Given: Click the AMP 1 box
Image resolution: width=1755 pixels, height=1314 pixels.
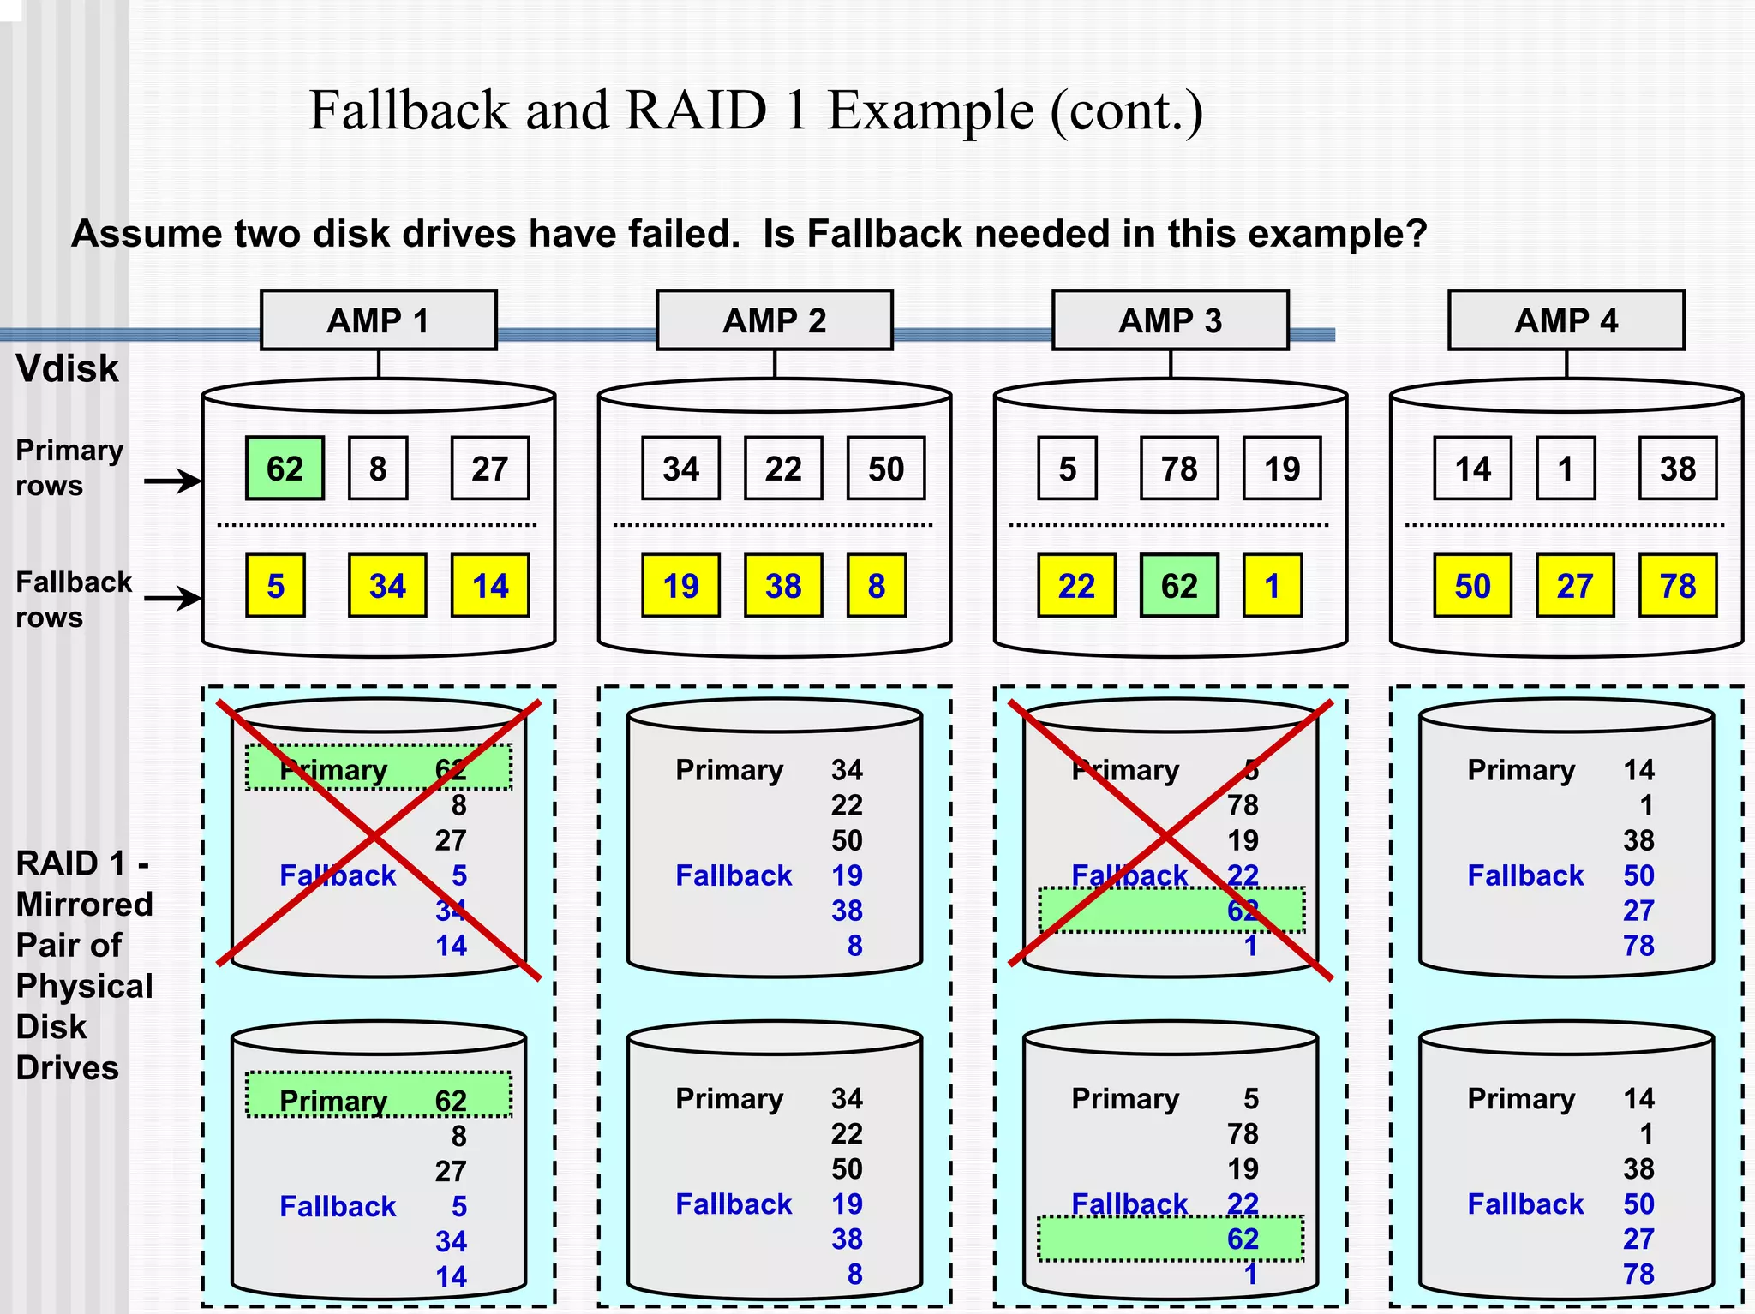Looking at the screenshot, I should click(378, 320).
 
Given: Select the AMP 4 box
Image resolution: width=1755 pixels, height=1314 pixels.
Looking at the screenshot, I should click(1566, 320).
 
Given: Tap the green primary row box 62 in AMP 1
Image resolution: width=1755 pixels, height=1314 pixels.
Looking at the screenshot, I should click(285, 469).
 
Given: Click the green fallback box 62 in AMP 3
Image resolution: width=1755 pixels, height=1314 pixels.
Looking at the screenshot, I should click(1178, 586).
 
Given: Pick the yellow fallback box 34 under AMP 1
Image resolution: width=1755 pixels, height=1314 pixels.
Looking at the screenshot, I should click(387, 586).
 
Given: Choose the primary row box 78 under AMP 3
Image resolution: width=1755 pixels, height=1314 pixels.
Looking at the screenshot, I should click(1178, 469).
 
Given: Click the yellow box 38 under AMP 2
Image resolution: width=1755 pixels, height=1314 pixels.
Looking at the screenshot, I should click(783, 586).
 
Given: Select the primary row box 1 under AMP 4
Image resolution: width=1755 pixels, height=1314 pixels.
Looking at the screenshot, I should click(1566, 469).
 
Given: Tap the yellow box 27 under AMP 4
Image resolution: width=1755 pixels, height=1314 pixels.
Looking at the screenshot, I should click(1574, 586).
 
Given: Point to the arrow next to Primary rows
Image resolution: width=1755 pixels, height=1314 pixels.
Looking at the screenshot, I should click(171, 481).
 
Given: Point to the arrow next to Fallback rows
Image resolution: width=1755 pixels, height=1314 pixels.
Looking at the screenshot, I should click(171, 598).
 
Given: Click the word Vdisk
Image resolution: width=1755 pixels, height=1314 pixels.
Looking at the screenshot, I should click(67, 369).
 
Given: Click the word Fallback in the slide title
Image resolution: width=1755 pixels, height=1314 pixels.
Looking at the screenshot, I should click(409, 110).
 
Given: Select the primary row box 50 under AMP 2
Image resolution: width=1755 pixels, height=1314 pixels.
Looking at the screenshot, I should click(885, 469).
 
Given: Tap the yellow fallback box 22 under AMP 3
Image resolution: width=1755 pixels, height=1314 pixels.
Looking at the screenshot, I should click(1076, 586).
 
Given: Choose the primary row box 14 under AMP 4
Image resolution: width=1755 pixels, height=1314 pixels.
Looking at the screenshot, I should click(1472, 469).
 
